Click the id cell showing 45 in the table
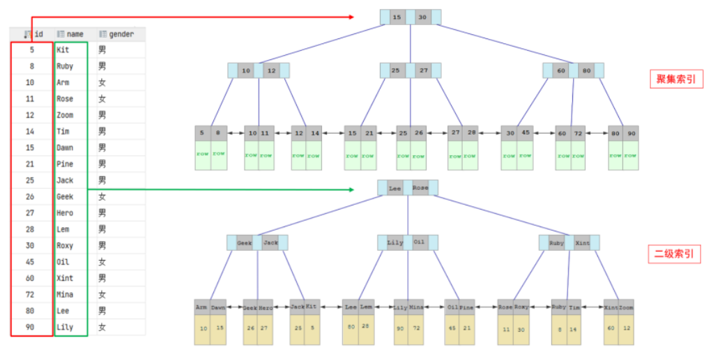coord(31,262)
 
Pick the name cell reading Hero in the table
coord(65,213)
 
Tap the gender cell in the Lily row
coord(102,327)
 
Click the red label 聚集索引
coord(675,79)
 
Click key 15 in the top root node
coord(397,17)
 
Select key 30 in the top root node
coord(422,17)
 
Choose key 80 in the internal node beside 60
coord(586,71)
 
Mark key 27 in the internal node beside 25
coord(424,71)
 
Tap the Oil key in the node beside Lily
coord(419,242)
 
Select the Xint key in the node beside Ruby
coord(583,242)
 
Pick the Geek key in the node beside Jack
coord(244,242)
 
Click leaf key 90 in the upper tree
coord(631,133)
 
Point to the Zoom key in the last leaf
coord(627,307)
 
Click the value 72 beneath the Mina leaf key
coord(416,327)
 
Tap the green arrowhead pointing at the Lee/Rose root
coord(374,189)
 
